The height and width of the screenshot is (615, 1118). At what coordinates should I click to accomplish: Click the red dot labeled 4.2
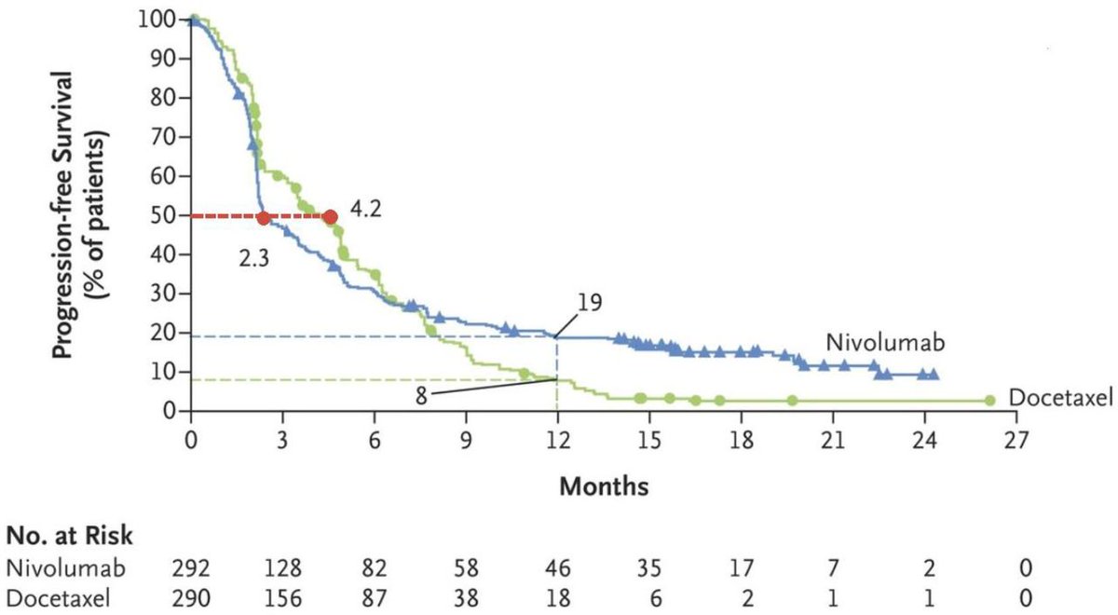click(x=330, y=216)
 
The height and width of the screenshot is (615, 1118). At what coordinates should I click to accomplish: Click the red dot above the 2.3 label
click(x=264, y=218)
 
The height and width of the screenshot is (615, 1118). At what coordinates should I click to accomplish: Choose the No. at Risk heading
click(x=69, y=537)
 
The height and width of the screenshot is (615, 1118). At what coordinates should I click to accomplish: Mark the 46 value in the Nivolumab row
click(x=557, y=567)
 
